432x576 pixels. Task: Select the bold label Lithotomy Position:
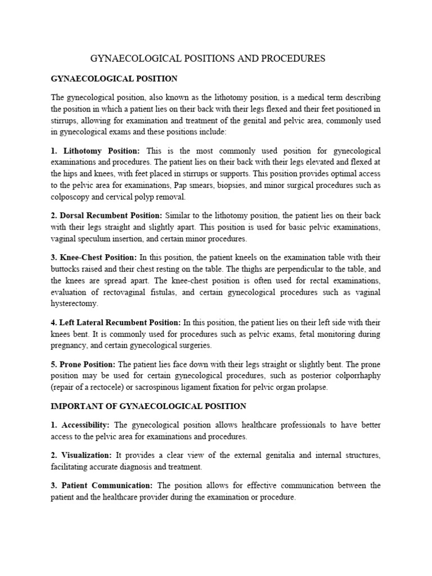102,151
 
